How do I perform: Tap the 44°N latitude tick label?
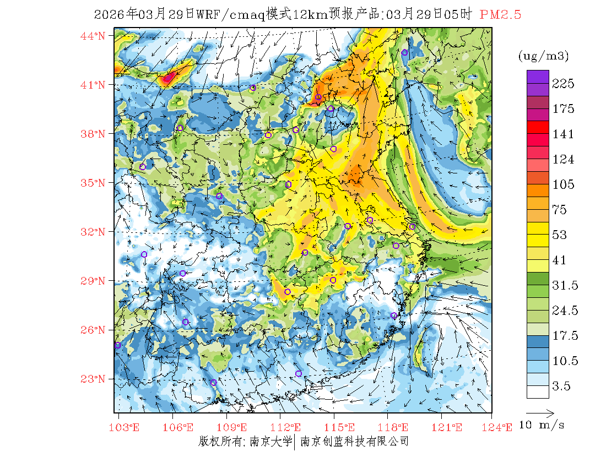click(94, 36)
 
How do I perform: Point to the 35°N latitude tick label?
click(94, 183)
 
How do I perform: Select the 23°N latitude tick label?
click(94, 379)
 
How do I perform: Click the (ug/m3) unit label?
click(543, 56)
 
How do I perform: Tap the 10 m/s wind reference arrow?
click(540, 412)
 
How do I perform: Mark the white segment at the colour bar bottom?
click(538, 391)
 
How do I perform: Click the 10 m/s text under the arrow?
click(542, 425)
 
